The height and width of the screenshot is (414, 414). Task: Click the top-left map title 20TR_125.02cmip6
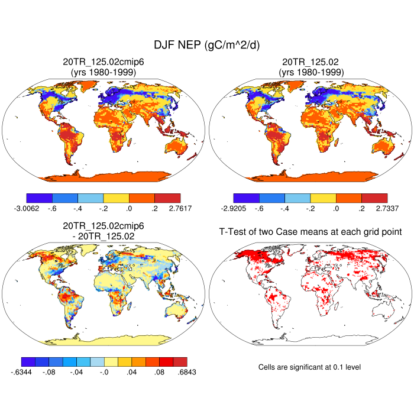pos(104,62)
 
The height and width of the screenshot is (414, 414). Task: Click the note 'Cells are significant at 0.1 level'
pos(309,367)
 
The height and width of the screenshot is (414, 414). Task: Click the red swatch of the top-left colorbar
pos(167,198)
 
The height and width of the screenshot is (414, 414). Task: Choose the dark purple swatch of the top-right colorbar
pos(246,198)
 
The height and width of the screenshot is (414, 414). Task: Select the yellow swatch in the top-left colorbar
pos(116,198)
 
